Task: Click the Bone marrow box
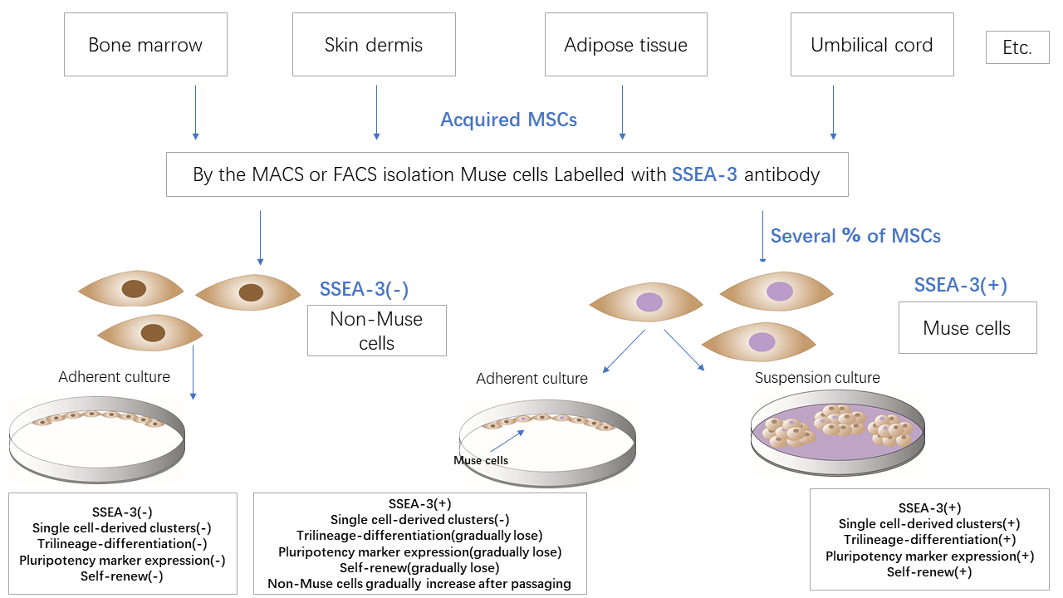pyautogui.click(x=145, y=46)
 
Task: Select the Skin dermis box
pyautogui.click(x=374, y=46)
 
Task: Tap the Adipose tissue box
pyautogui.click(x=625, y=46)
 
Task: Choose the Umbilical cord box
pyautogui.click(x=871, y=46)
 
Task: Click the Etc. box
pyautogui.click(x=1017, y=48)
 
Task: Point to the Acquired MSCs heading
pyautogui.click(x=508, y=120)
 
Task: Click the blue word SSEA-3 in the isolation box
pyautogui.click(x=704, y=174)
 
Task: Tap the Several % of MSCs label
pyautogui.click(x=855, y=236)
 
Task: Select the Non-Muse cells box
pyautogui.click(x=376, y=331)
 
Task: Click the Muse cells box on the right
pyautogui.click(x=967, y=328)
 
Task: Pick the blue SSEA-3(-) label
pyautogui.click(x=364, y=289)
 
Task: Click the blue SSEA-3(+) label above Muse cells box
pyautogui.click(x=960, y=285)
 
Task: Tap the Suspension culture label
pyautogui.click(x=817, y=378)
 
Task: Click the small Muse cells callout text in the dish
pyautogui.click(x=481, y=460)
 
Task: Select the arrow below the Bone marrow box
pyautogui.click(x=195, y=108)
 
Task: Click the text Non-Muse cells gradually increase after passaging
pyautogui.click(x=419, y=583)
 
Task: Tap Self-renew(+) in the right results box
pyautogui.click(x=929, y=571)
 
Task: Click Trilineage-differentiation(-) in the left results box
pyautogui.click(x=122, y=543)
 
